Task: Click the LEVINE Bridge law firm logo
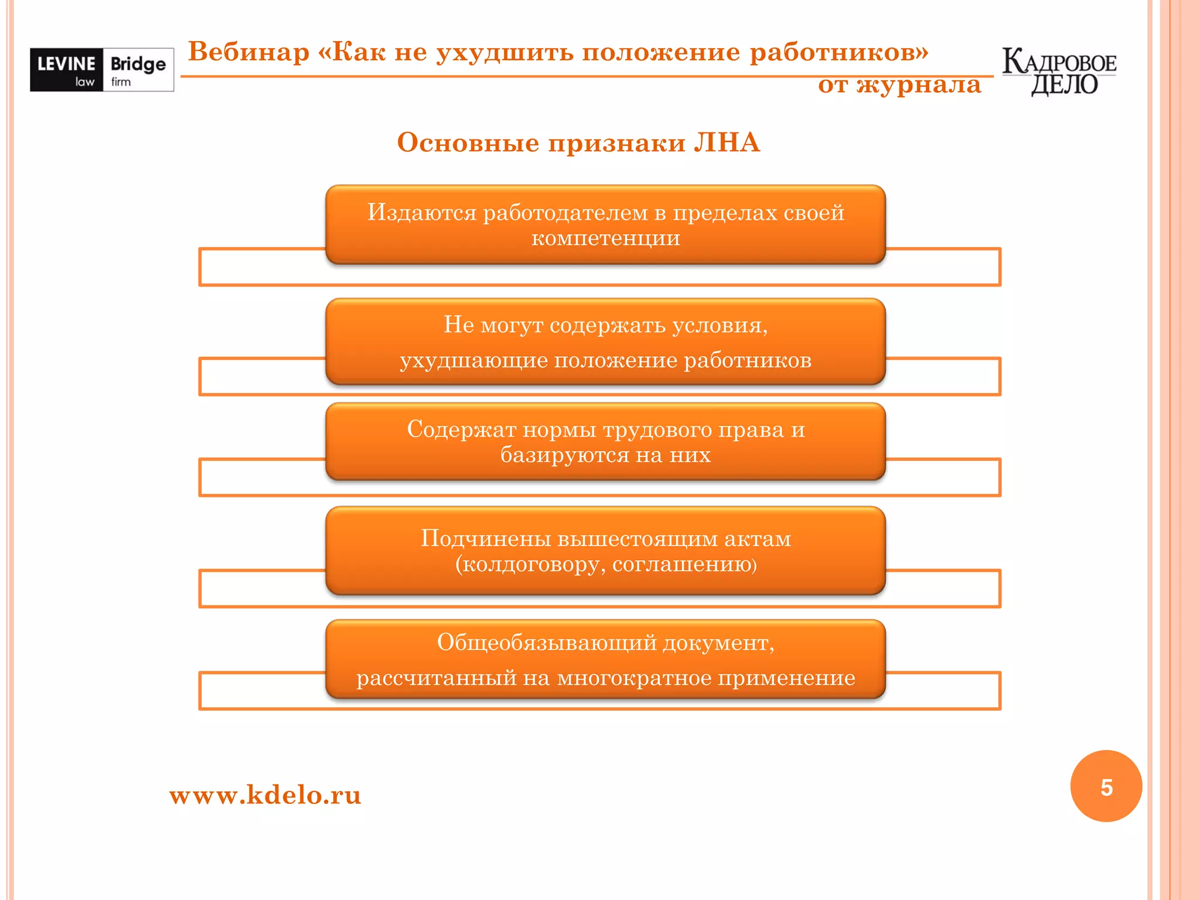(102, 70)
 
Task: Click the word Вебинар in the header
(248, 52)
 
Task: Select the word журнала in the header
(919, 86)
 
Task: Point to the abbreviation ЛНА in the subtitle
(727, 142)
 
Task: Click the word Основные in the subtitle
(468, 142)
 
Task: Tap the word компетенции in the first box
(605, 238)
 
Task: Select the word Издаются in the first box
(422, 213)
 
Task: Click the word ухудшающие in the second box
(473, 360)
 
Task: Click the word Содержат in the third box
(461, 429)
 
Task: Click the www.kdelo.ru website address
(265, 795)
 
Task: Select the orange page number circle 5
(1106, 786)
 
